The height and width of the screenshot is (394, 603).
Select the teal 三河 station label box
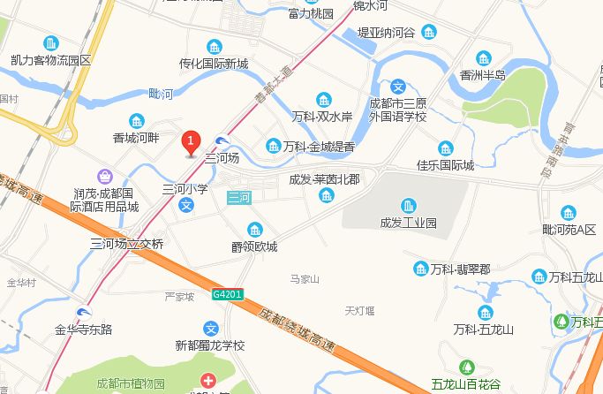tap(239, 197)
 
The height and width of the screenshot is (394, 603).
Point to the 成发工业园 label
tap(409, 223)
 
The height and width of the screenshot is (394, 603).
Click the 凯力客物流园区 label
tap(51, 60)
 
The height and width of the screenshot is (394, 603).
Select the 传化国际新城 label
tap(214, 64)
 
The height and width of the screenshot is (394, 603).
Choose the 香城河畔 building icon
tap(136, 121)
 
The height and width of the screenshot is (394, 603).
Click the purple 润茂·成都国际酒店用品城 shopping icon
tap(106, 177)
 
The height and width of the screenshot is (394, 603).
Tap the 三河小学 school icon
tap(186, 205)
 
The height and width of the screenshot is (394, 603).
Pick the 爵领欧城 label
tap(254, 246)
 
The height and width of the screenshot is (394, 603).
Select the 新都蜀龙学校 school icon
tap(210, 328)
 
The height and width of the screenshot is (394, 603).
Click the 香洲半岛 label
tap(483, 75)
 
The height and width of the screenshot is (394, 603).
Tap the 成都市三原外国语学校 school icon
tap(398, 87)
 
